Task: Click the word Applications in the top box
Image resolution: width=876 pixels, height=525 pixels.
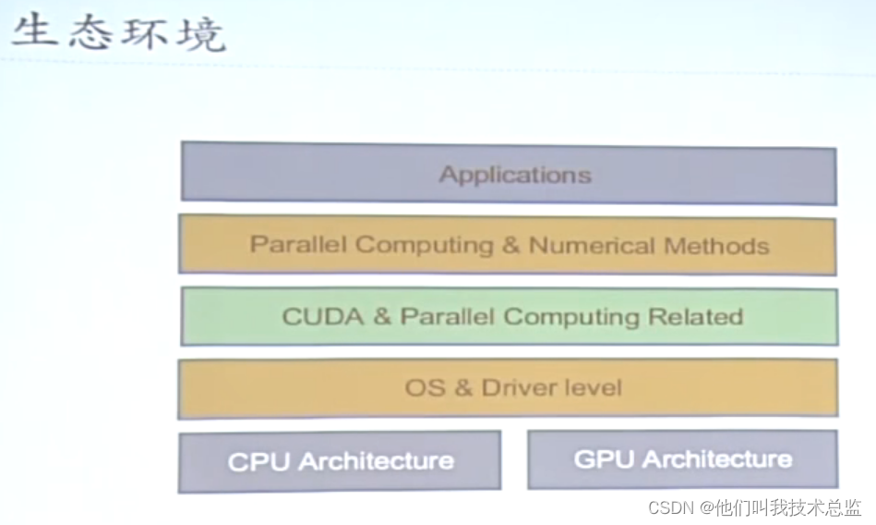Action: tap(515, 174)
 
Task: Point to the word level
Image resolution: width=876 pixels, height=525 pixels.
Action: tap(594, 387)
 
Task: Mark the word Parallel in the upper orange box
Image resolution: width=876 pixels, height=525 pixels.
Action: tap(298, 245)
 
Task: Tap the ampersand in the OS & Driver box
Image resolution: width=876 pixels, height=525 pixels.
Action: tap(463, 387)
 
